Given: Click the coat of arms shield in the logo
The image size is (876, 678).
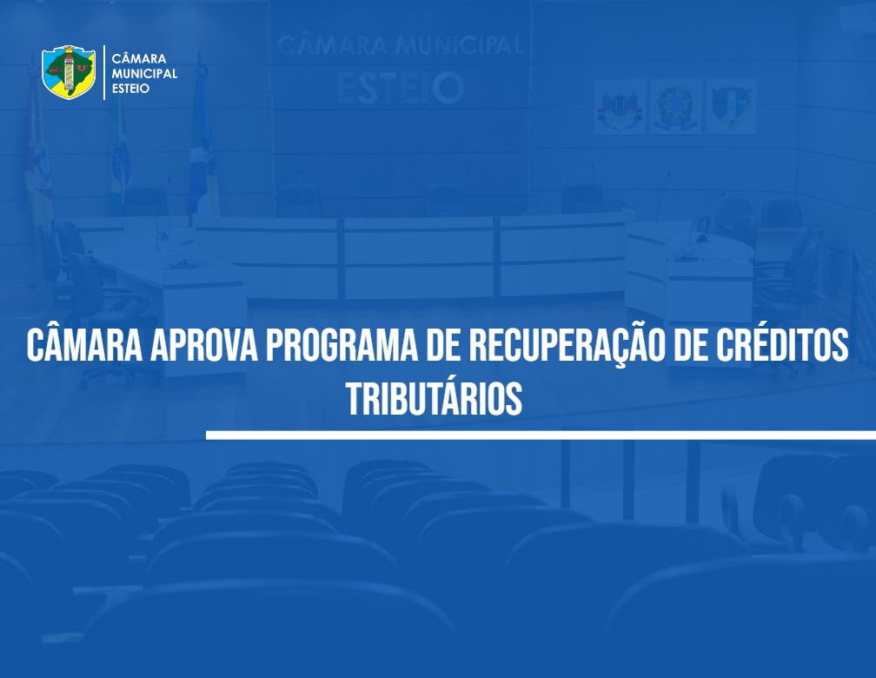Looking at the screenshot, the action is tap(69, 72).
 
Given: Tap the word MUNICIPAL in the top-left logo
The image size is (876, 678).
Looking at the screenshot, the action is tap(144, 73).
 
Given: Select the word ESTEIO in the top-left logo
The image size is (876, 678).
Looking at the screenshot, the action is tap(130, 89).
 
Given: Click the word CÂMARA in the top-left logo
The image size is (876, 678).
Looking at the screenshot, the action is tap(139, 58).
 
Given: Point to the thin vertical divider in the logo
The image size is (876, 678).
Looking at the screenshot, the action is tap(104, 73).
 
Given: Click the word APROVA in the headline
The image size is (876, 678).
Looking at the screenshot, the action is tap(204, 345).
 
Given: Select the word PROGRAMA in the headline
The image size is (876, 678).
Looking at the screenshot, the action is tap(342, 345).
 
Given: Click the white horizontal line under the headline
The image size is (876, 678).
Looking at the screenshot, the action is tap(541, 435).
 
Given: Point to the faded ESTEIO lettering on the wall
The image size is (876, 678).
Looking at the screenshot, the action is tap(401, 88).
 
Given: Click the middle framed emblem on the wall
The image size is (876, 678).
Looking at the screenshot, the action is tap(675, 107).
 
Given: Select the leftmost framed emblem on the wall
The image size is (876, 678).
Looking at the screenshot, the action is tap(620, 107).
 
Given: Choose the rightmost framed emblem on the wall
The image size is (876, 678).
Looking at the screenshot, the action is tap(732, 107).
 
